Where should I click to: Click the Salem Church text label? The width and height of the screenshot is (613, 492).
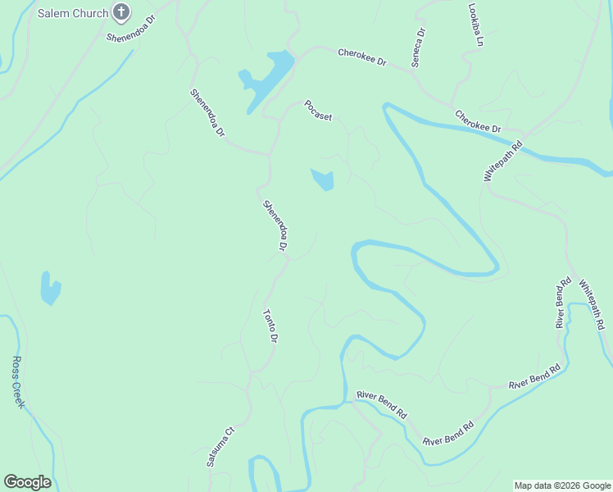[x=72, y=13]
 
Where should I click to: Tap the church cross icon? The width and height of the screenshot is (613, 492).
[x=121, y=12]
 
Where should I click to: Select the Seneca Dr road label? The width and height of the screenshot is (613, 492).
[x=419, y=48]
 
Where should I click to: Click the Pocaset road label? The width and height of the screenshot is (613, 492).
[x=318, y=111]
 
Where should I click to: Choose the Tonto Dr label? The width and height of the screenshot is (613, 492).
[x=270, y=326]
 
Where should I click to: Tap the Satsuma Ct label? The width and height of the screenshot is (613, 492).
[x=220, y=446]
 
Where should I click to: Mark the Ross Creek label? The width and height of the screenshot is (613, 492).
[x=19, y=382]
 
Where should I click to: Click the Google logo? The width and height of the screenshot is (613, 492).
[x=27, y=481]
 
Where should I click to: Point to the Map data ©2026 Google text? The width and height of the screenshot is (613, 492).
[x=562, y=485]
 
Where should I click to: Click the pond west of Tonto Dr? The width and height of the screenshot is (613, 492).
[x=50, y=288]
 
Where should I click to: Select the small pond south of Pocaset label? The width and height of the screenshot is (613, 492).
[x=323, y=179]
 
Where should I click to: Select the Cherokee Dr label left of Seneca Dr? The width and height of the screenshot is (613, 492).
[x=361, y=57]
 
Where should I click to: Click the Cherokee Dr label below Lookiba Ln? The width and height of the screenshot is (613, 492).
[x=478, y=121]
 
